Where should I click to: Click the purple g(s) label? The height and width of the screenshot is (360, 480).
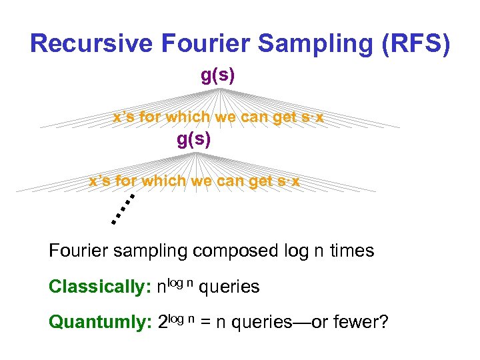pos(218,75)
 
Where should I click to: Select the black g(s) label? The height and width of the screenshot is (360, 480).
pos(194,140)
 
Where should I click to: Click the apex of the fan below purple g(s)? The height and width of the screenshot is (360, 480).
pos(218,88)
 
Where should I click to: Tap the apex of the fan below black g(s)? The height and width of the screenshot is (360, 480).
pos(195,153)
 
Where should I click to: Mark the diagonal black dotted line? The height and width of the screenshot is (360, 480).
pos(123,209)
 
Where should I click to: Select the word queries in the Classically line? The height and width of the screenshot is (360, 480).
pos(229,287)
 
